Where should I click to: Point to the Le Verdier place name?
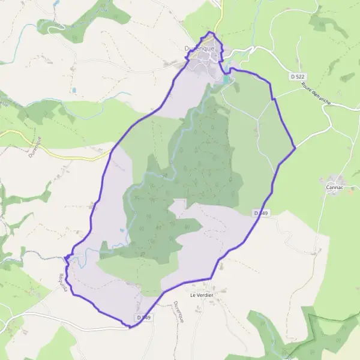[202, 295]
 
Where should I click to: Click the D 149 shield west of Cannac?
[260, 213]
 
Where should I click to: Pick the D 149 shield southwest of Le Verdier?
[142, 317]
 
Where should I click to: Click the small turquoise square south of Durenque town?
[226, 79]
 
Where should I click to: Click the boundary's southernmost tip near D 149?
[130, 327]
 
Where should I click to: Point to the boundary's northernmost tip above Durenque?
[209, 32]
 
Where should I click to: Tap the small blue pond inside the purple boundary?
[123, 230]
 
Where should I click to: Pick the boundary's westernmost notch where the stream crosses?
[64, 259]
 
